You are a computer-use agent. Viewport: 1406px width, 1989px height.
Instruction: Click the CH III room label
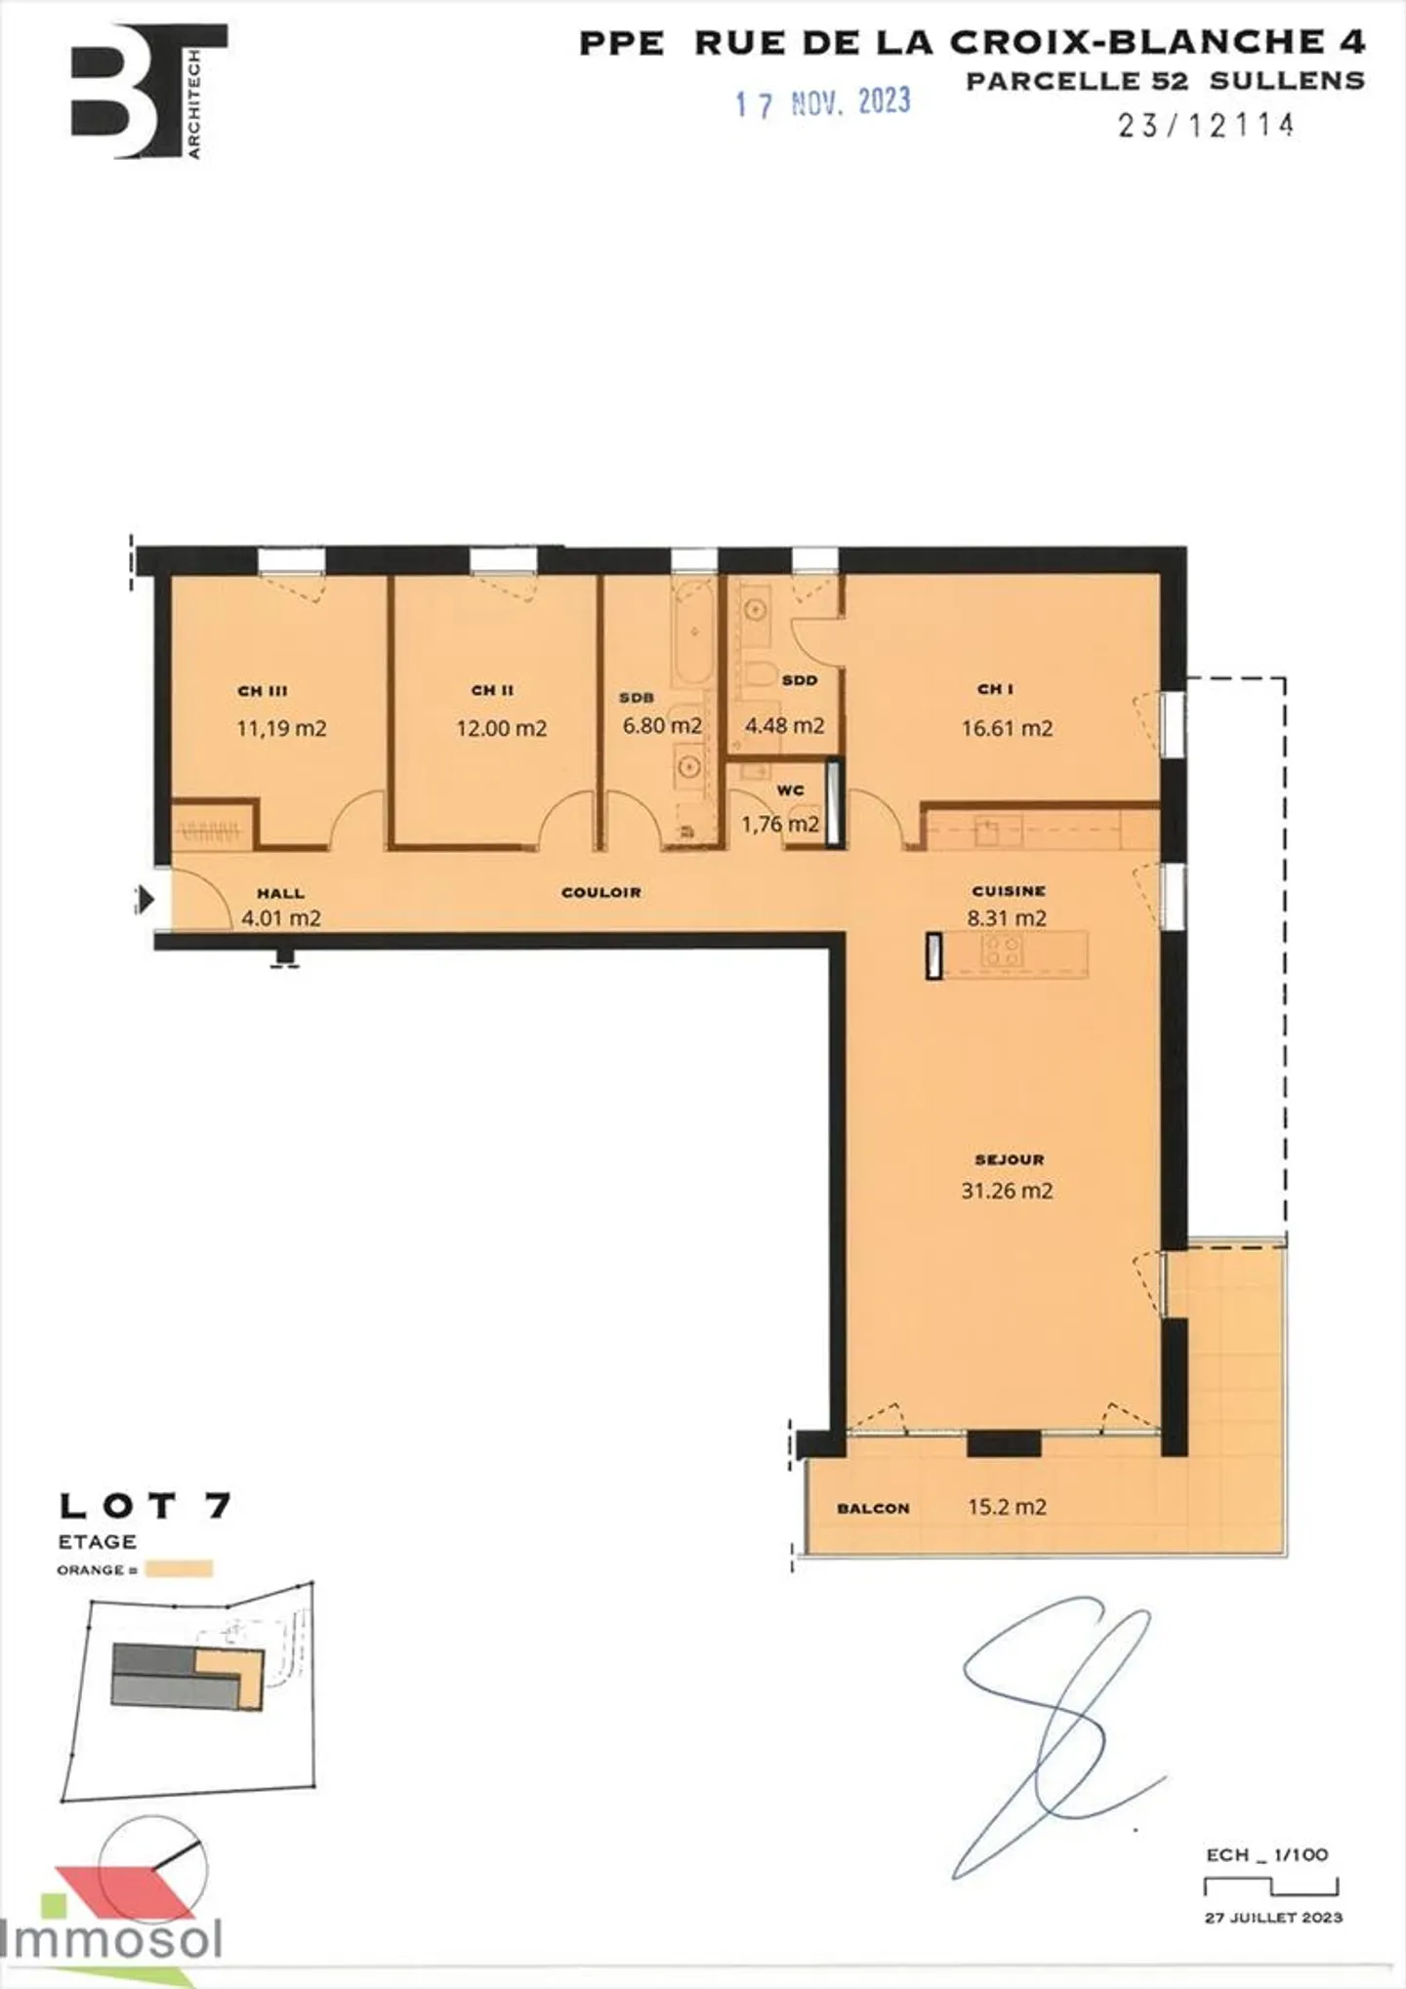click(263, 691)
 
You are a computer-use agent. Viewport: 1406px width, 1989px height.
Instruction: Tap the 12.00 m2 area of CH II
click(501, 728)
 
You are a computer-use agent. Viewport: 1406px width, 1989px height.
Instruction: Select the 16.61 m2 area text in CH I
click(1007, 728)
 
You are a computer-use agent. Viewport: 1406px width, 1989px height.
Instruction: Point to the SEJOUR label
click(1010, 1159)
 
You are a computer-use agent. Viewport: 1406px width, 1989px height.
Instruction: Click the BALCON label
click(873, 1508)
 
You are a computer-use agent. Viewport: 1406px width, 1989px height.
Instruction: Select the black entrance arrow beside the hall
click(145, 899)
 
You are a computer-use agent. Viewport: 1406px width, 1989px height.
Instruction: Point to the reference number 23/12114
click(1206, 125)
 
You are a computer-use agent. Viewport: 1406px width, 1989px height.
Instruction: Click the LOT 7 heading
click(145, 1506)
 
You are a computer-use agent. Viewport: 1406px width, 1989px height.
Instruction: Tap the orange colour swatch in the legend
click(178, 1569)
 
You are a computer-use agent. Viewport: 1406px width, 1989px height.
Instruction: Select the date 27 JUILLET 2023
click(1273, 1918)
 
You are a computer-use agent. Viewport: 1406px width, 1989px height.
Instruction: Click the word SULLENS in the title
click(1287, 81)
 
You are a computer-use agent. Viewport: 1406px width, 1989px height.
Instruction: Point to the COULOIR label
click(600, 892)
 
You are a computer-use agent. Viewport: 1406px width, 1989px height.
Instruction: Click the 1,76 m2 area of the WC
click(779, 824)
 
